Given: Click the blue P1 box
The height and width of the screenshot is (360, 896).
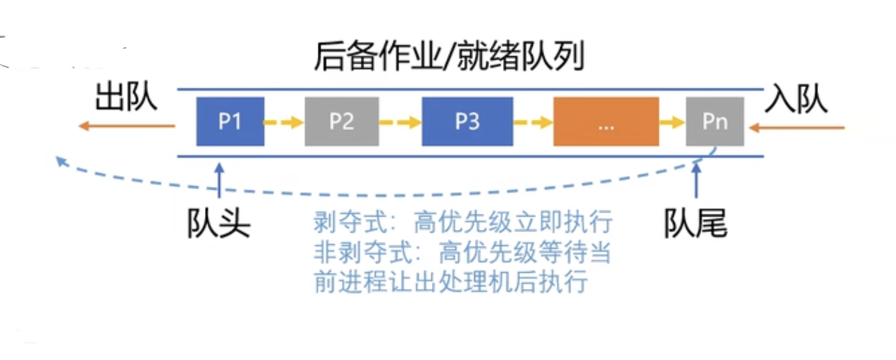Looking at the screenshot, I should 230,122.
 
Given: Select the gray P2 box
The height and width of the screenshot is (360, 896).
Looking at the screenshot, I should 342,122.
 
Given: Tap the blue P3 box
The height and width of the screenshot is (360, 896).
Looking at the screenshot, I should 467,122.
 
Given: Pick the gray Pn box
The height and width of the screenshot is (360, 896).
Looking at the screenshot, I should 715,122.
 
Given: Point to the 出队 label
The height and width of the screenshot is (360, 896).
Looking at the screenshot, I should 126,99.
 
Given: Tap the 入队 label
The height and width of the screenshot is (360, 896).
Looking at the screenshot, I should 797,100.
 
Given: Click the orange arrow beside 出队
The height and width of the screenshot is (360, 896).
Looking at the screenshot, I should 126,126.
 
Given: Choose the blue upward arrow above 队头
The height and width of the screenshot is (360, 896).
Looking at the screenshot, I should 219,183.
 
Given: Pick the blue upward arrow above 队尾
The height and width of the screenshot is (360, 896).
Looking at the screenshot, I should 696,183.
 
